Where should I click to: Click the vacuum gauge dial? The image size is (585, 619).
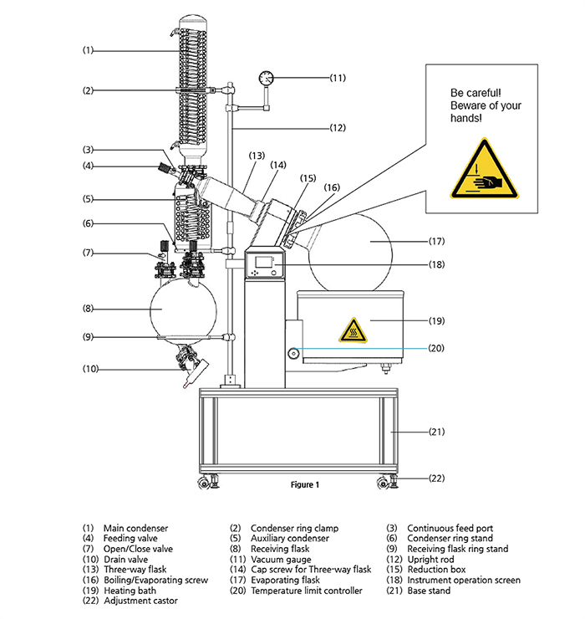click(267, 78)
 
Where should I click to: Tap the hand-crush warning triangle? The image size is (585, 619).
click(485, 170)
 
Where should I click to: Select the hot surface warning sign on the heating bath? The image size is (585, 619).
click(353, 330)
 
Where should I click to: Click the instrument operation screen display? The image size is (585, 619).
click(264, 263)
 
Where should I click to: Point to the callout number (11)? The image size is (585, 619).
click(338, 78)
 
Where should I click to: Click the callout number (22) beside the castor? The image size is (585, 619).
click(437, 478)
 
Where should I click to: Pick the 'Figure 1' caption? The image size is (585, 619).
click(305, 485)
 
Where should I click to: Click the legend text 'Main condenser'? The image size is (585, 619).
click(135, 528)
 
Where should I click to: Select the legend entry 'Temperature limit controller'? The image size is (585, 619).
click(307, 591)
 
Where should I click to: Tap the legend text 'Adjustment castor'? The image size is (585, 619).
click(140, 601)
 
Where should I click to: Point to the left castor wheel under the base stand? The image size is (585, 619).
click(204, 483)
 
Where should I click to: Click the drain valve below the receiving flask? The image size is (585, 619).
click(192, 366)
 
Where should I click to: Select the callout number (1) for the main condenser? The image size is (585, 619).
click(88, 50)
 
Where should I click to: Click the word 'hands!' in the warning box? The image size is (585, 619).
click(466, 118)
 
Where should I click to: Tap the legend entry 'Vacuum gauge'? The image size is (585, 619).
click(281, 560)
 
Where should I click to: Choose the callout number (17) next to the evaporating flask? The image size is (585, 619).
click(437, 241)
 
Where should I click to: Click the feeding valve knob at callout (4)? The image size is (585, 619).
click(163, 167)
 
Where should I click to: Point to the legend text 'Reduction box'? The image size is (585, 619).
click(436, 570)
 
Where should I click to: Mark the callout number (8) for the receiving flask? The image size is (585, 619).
click(88, 309)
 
